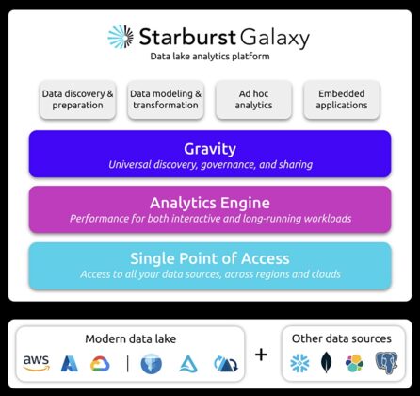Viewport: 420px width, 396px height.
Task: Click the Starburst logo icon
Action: pos(120,37)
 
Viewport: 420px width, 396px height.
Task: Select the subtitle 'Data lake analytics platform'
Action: pos(209,58)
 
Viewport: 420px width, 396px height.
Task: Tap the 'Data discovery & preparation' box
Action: pos(78,99)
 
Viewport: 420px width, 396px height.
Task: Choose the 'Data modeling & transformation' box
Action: pos(166,99)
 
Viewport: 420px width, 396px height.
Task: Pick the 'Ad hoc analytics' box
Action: pos(253,99)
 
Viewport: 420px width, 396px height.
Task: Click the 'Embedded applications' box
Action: pos(341,99)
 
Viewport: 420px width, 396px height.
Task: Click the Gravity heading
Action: pos(209,148)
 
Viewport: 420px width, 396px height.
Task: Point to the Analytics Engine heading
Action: pos(209,202)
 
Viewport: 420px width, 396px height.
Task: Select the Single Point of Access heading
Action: pos(209,258)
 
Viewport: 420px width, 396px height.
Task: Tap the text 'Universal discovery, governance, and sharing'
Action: pos(209,164)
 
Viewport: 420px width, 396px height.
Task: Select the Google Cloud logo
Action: pos(101,363)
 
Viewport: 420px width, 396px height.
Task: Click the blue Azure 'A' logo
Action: pos(69,363)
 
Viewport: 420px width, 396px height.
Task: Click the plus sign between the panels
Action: pos(261,355)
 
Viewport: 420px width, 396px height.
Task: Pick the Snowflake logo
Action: pos(300,363)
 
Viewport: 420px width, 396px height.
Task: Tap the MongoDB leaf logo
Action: pos(327,363)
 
